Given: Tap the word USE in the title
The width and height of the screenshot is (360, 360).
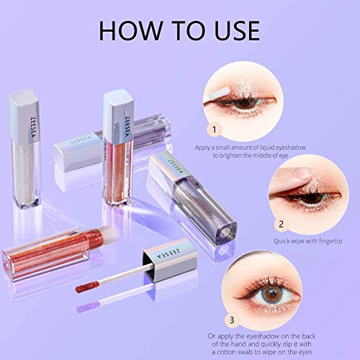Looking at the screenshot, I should click(x=230, y=30).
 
